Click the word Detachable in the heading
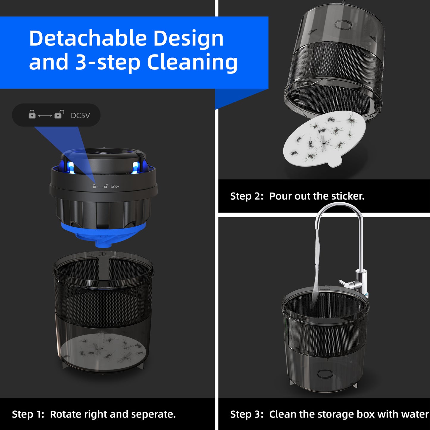click(88, 38)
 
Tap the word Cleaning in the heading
click(192, 63)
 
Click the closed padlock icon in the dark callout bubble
click(32, 114)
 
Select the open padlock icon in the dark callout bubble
click(59, 114)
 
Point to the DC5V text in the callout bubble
click(80, 115)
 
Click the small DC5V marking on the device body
click(115, 187)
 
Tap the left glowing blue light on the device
click(71, 167)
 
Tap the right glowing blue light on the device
click(135, 167)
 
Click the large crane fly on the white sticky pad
click(323, 143)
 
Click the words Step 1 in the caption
click(28, 415)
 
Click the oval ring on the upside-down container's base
click(343, 25)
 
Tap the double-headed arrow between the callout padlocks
click(45, 115)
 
